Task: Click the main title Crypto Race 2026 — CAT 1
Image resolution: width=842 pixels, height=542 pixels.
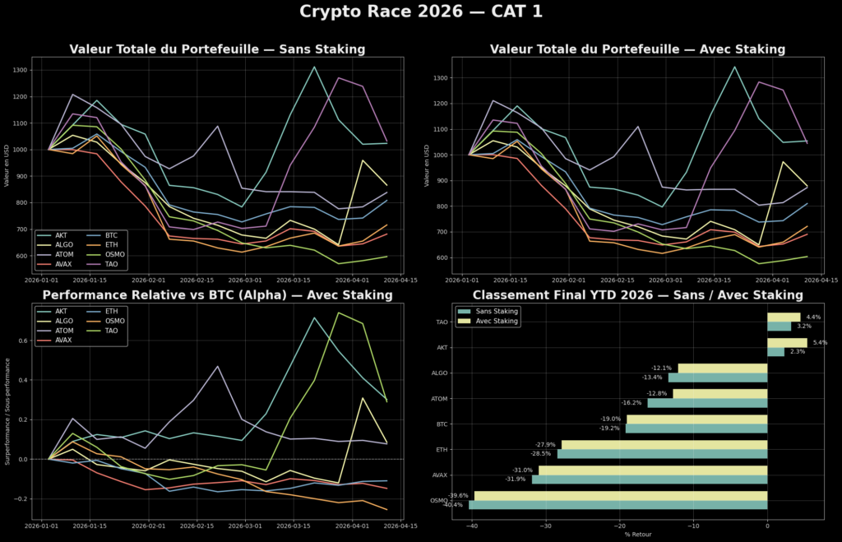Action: [420, 12]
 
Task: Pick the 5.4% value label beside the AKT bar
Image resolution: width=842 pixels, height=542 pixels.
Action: [819, 342]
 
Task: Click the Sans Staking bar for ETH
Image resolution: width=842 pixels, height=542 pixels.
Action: [662, 454]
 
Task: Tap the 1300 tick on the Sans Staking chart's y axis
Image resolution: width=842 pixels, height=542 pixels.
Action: [20, 71]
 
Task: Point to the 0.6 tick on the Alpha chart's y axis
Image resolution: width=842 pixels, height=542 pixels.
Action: [21, 340]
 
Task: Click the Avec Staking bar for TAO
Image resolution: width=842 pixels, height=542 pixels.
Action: [783, 317]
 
